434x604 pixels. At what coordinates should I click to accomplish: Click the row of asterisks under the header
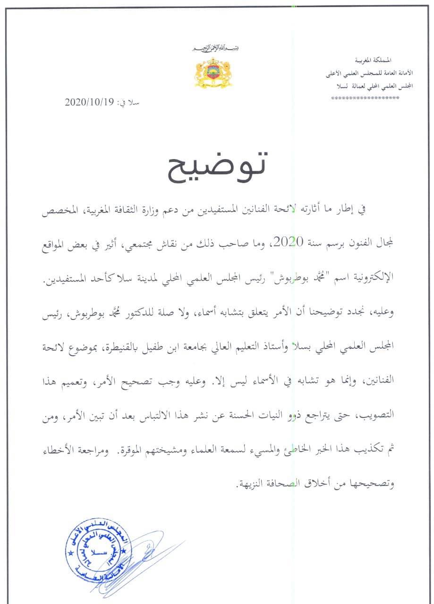(x=365, y=98)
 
